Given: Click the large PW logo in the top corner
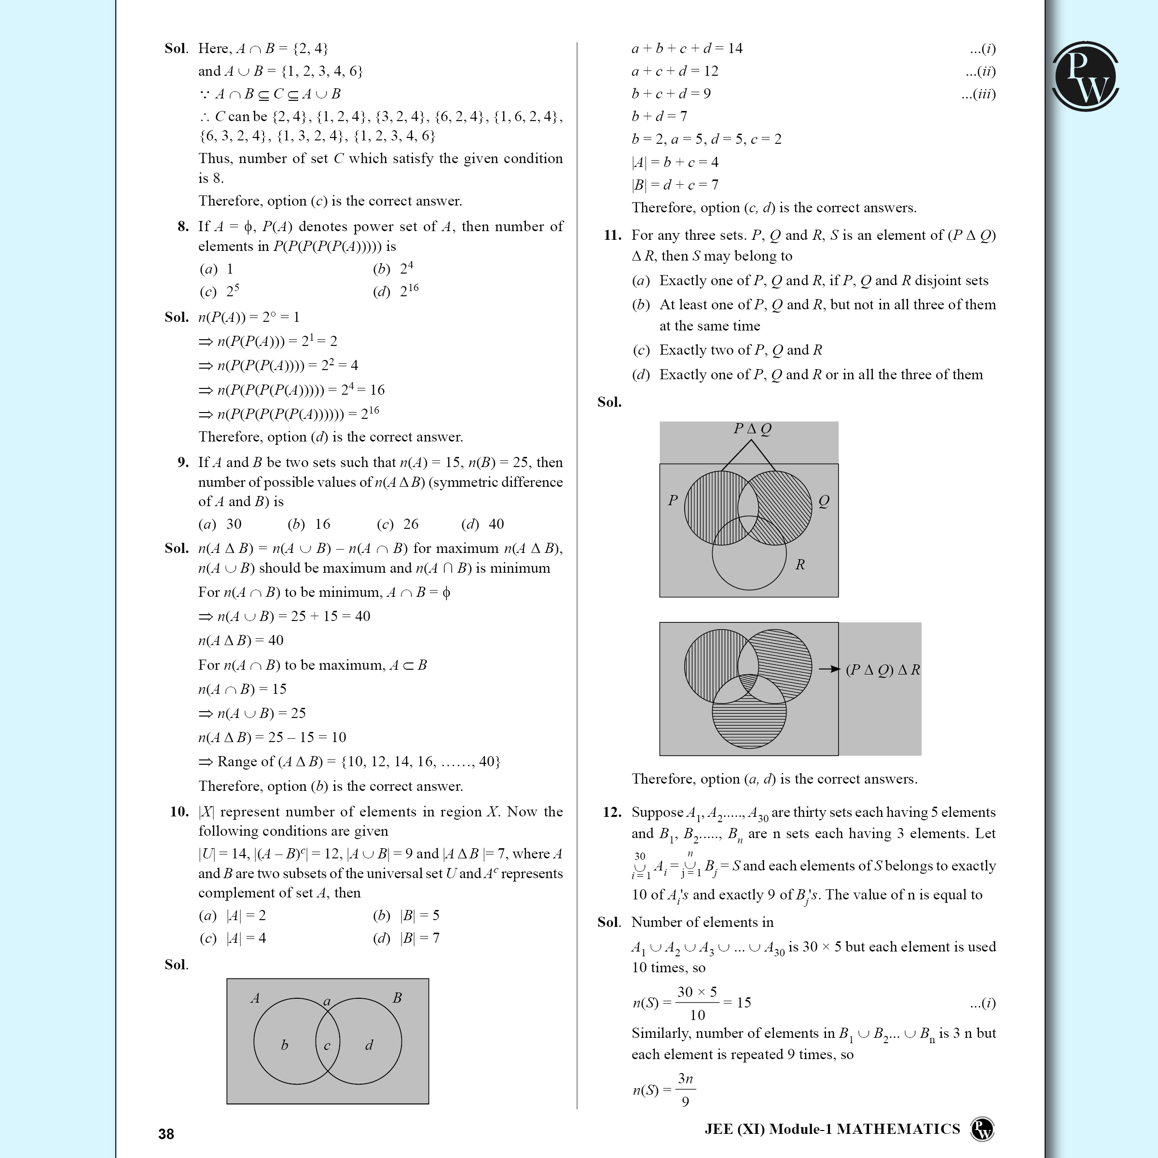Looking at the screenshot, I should [1085, 76].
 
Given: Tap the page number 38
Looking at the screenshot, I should [166, 1133].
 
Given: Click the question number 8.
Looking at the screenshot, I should [183, 227].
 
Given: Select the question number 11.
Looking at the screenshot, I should [612, 235].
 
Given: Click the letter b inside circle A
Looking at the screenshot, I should [285, 1045].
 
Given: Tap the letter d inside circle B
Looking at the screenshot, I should [369, 1045].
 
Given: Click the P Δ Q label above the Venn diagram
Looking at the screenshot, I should [753, 428].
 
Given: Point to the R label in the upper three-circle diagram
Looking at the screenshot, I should [800, 564].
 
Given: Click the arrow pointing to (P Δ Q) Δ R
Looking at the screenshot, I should [829, 669].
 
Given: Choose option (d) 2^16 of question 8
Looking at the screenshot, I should [396, 291].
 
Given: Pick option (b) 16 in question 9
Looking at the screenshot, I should [309, 524].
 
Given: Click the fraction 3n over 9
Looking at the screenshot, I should [685, 1089].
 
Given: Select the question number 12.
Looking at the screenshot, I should [612, 812].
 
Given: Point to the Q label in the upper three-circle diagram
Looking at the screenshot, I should [824, 501].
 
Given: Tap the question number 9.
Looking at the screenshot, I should [183, 462].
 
